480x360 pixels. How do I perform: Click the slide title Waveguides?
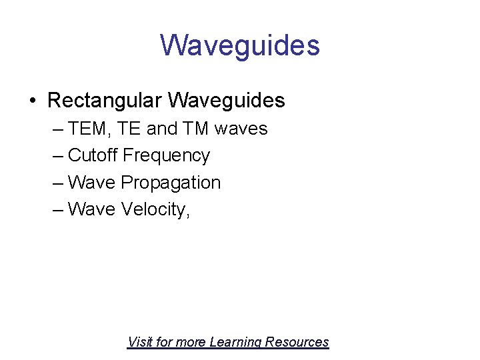(240, 45)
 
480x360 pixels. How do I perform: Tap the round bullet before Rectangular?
(32, 101)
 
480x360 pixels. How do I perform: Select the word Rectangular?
(105, 101)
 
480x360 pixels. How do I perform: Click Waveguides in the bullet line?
(227, 101)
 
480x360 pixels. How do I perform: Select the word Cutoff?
(93, 155)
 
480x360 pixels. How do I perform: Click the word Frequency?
(167, 156)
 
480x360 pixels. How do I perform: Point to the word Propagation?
(171, 183)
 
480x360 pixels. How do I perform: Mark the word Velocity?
(155, 210)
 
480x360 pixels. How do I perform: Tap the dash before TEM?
(57, 129)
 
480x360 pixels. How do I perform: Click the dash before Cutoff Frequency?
(57, 156)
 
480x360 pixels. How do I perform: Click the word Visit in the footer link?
(139, 342)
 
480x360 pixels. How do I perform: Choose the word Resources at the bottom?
(297, 342)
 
